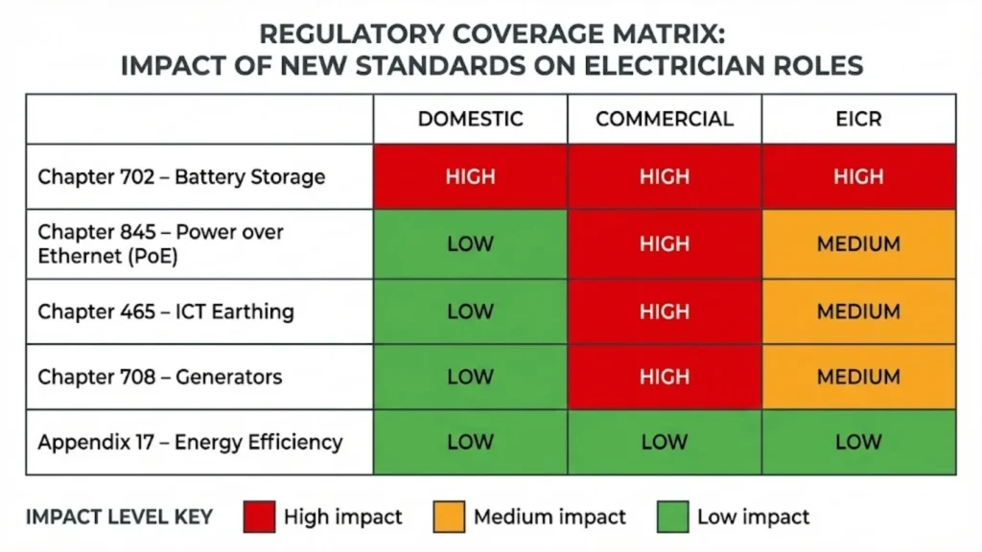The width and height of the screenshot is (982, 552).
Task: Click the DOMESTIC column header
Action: [x=470, y=119]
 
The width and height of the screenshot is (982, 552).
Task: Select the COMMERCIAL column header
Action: [x=664, y=119]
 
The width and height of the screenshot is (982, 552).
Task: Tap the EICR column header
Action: [x=858, y=119]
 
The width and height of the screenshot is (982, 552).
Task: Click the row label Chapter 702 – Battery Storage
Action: [x=181, y=176]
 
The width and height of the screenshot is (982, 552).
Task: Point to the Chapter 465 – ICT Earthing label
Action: [x=165, y=311]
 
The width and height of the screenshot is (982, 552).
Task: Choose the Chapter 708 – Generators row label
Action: [x=159, y=377]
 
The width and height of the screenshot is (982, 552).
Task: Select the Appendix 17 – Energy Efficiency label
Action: [x=190, y=442]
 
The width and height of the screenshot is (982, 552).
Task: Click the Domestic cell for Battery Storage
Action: [x=470, y=176]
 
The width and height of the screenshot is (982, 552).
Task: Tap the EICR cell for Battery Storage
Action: [x=858, y=176]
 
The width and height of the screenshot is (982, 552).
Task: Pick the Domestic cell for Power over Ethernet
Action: [x=470, y=244]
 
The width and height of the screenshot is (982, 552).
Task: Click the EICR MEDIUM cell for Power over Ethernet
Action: [x=858, y=244]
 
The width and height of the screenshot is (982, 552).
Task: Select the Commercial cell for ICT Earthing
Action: [x=664, y=311]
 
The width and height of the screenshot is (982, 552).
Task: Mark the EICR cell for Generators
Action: [x=858, y=377]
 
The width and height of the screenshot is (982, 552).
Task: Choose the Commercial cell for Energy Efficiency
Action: [x=664, y=442]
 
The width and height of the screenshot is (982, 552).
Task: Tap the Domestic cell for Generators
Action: [x=470, y=377]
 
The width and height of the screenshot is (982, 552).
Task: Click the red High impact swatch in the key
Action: [x=259, y=517]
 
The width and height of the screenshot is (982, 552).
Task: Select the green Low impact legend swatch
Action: [x=672, y=517]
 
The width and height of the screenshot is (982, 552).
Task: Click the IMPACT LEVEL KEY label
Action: [x=120, y=517]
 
